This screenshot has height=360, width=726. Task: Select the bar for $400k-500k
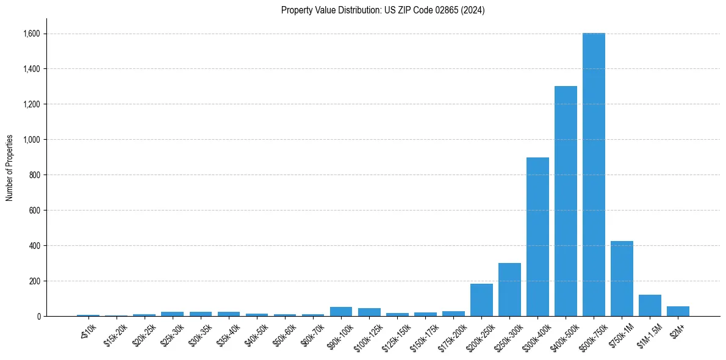pyautogui.click(x=566, y=201)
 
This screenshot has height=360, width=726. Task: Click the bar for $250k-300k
pyautogui.click(x=509, y=290)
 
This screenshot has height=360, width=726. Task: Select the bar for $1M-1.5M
pyautogui.click(x=650, y=306)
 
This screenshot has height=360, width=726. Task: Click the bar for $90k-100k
pyautogui.click(x=341, y=312)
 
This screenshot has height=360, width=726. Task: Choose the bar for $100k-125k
pyautogui.click(x=369, y=312)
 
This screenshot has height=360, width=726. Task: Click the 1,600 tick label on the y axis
pyautogui.click(x=31, y=34)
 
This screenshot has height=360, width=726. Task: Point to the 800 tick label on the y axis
pyautogui.click(x=34, y=175)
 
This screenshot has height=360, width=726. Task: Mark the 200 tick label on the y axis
pyautogui.click(x=34, y=281)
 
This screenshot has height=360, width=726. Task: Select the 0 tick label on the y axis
pyautogui.click(x=38, y=317)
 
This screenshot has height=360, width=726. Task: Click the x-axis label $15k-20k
pyautogui.click(x=116, y=334)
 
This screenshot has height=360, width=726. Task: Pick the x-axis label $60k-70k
pyautogui.click(x=312, y=334)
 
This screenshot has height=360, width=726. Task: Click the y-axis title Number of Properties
pyautogui.click(x=10, y=168)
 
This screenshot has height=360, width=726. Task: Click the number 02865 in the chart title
pyautogui.click(x=432, y=10)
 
